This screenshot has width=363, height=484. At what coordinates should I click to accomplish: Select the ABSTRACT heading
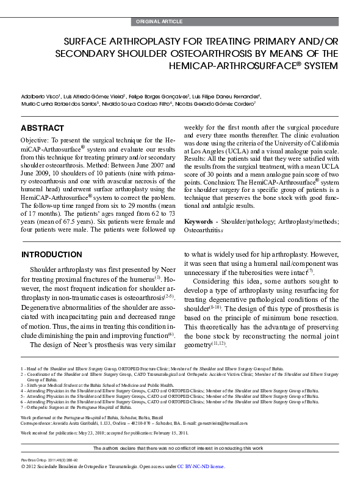point(42,128)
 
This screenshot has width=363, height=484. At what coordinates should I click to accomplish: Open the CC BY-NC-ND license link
point(201,466)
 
